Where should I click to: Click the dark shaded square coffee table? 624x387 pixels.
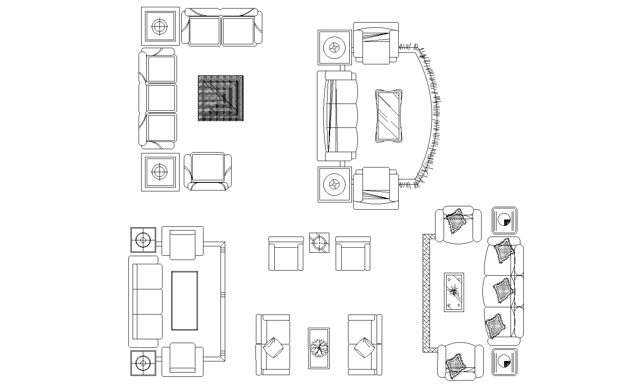coord(221,98)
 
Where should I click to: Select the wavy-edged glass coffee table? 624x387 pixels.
coord(389,116)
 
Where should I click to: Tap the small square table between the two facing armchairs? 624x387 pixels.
coord(319,243)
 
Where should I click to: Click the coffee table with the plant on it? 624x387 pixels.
coord(319,348)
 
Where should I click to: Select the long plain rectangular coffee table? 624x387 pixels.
coord(185,300)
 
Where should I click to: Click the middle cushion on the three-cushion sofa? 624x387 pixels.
coord(502,290)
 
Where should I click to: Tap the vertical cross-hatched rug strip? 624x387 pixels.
coord(426,293)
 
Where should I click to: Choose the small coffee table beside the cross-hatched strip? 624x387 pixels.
coord(454,292)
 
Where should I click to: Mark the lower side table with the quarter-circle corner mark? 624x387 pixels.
coord(505,362)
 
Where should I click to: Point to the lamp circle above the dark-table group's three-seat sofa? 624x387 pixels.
coord(160,26)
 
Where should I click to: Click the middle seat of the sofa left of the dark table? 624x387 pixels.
coord(162,98)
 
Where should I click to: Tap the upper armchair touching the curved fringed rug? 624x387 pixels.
coord(376,43)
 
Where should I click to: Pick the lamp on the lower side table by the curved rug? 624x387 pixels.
coord(334,185)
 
